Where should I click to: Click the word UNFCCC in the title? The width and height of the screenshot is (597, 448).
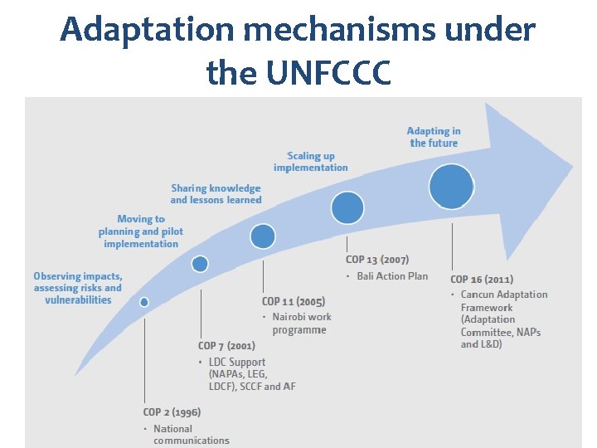tap(330, 73)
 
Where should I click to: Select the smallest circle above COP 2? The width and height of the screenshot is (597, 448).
tap(144, 302)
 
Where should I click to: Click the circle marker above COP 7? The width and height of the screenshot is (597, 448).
tap(200, 264)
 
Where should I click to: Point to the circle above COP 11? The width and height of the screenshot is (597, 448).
tap(263, 237)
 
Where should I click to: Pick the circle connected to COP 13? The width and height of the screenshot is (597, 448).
tap(347, 207)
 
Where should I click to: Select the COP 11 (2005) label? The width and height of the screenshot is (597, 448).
tap(294, 301)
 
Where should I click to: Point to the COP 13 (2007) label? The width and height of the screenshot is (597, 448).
tap(377, 260)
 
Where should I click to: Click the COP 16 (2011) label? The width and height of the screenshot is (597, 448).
tap(482, 280)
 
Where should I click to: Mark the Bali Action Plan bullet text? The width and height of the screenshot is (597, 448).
tap(392, 275)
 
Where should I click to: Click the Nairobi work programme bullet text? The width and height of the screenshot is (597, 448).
tap(301, 324)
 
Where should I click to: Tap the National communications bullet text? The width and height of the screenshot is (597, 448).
tap(191, 435)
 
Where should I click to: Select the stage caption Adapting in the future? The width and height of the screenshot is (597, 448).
tap(434, 137)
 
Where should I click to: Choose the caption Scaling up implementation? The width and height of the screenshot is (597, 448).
tap(311, 162)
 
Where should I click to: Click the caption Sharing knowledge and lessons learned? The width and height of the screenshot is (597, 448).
tap(216, 194)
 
